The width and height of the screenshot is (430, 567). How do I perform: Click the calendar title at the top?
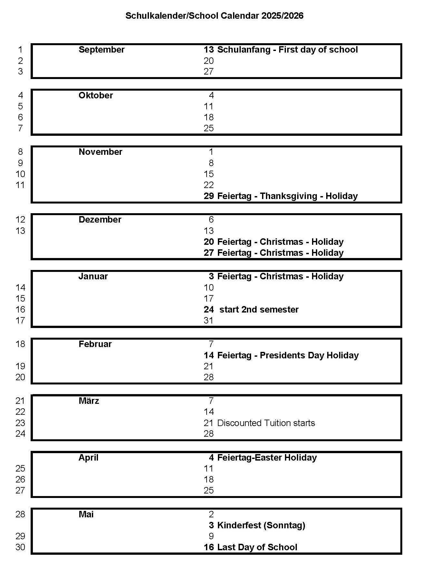coord(214,16)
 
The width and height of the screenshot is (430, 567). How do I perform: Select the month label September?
coord(101,50)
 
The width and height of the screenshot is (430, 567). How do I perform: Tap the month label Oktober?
coord(96,95)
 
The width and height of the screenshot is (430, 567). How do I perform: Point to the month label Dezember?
coord(100,220)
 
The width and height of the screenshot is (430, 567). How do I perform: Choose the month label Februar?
coord(95,344)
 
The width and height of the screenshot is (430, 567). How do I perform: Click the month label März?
coord(89,401)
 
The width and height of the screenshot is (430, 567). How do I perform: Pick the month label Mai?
coord(86,514)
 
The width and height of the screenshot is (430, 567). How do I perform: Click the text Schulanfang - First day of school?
coord(288,50)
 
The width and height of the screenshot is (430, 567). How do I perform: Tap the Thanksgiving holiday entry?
coord(288,196)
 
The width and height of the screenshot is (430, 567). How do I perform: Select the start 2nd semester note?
coord(259,310)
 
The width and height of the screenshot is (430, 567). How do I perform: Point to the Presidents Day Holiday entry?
coord(288,355)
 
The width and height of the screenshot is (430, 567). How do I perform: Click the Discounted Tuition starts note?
coord(266,423)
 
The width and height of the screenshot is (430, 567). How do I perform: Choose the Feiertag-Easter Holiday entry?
coord(267,458)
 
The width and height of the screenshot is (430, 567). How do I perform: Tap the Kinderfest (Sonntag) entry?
coord(261,525)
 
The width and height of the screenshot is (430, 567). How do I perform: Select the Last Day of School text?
coord(257,547)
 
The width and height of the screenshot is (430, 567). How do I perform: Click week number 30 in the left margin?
coord(20,547)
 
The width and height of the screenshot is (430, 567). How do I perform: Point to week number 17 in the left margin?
coord(20,321)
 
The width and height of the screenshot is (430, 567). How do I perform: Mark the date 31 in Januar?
coord(209,321)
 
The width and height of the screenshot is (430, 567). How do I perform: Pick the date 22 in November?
coord(209,185)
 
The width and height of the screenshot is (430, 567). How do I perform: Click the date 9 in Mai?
coord(211,536)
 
